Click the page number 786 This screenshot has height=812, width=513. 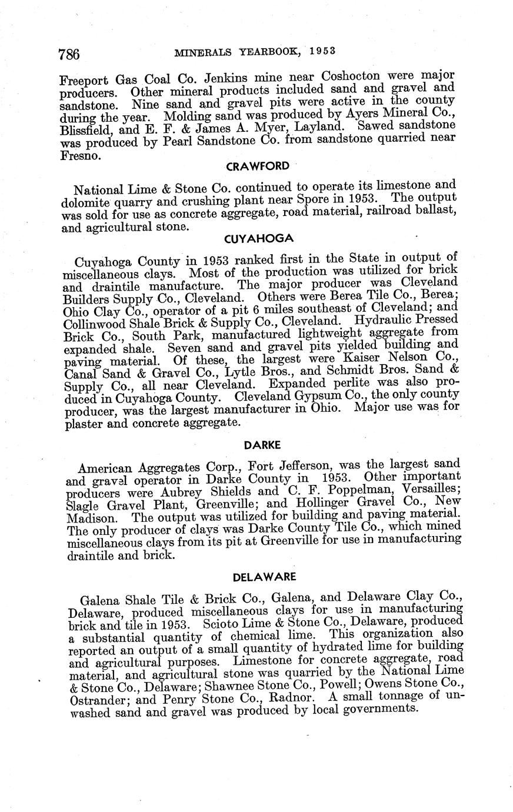tap(69, 55)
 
